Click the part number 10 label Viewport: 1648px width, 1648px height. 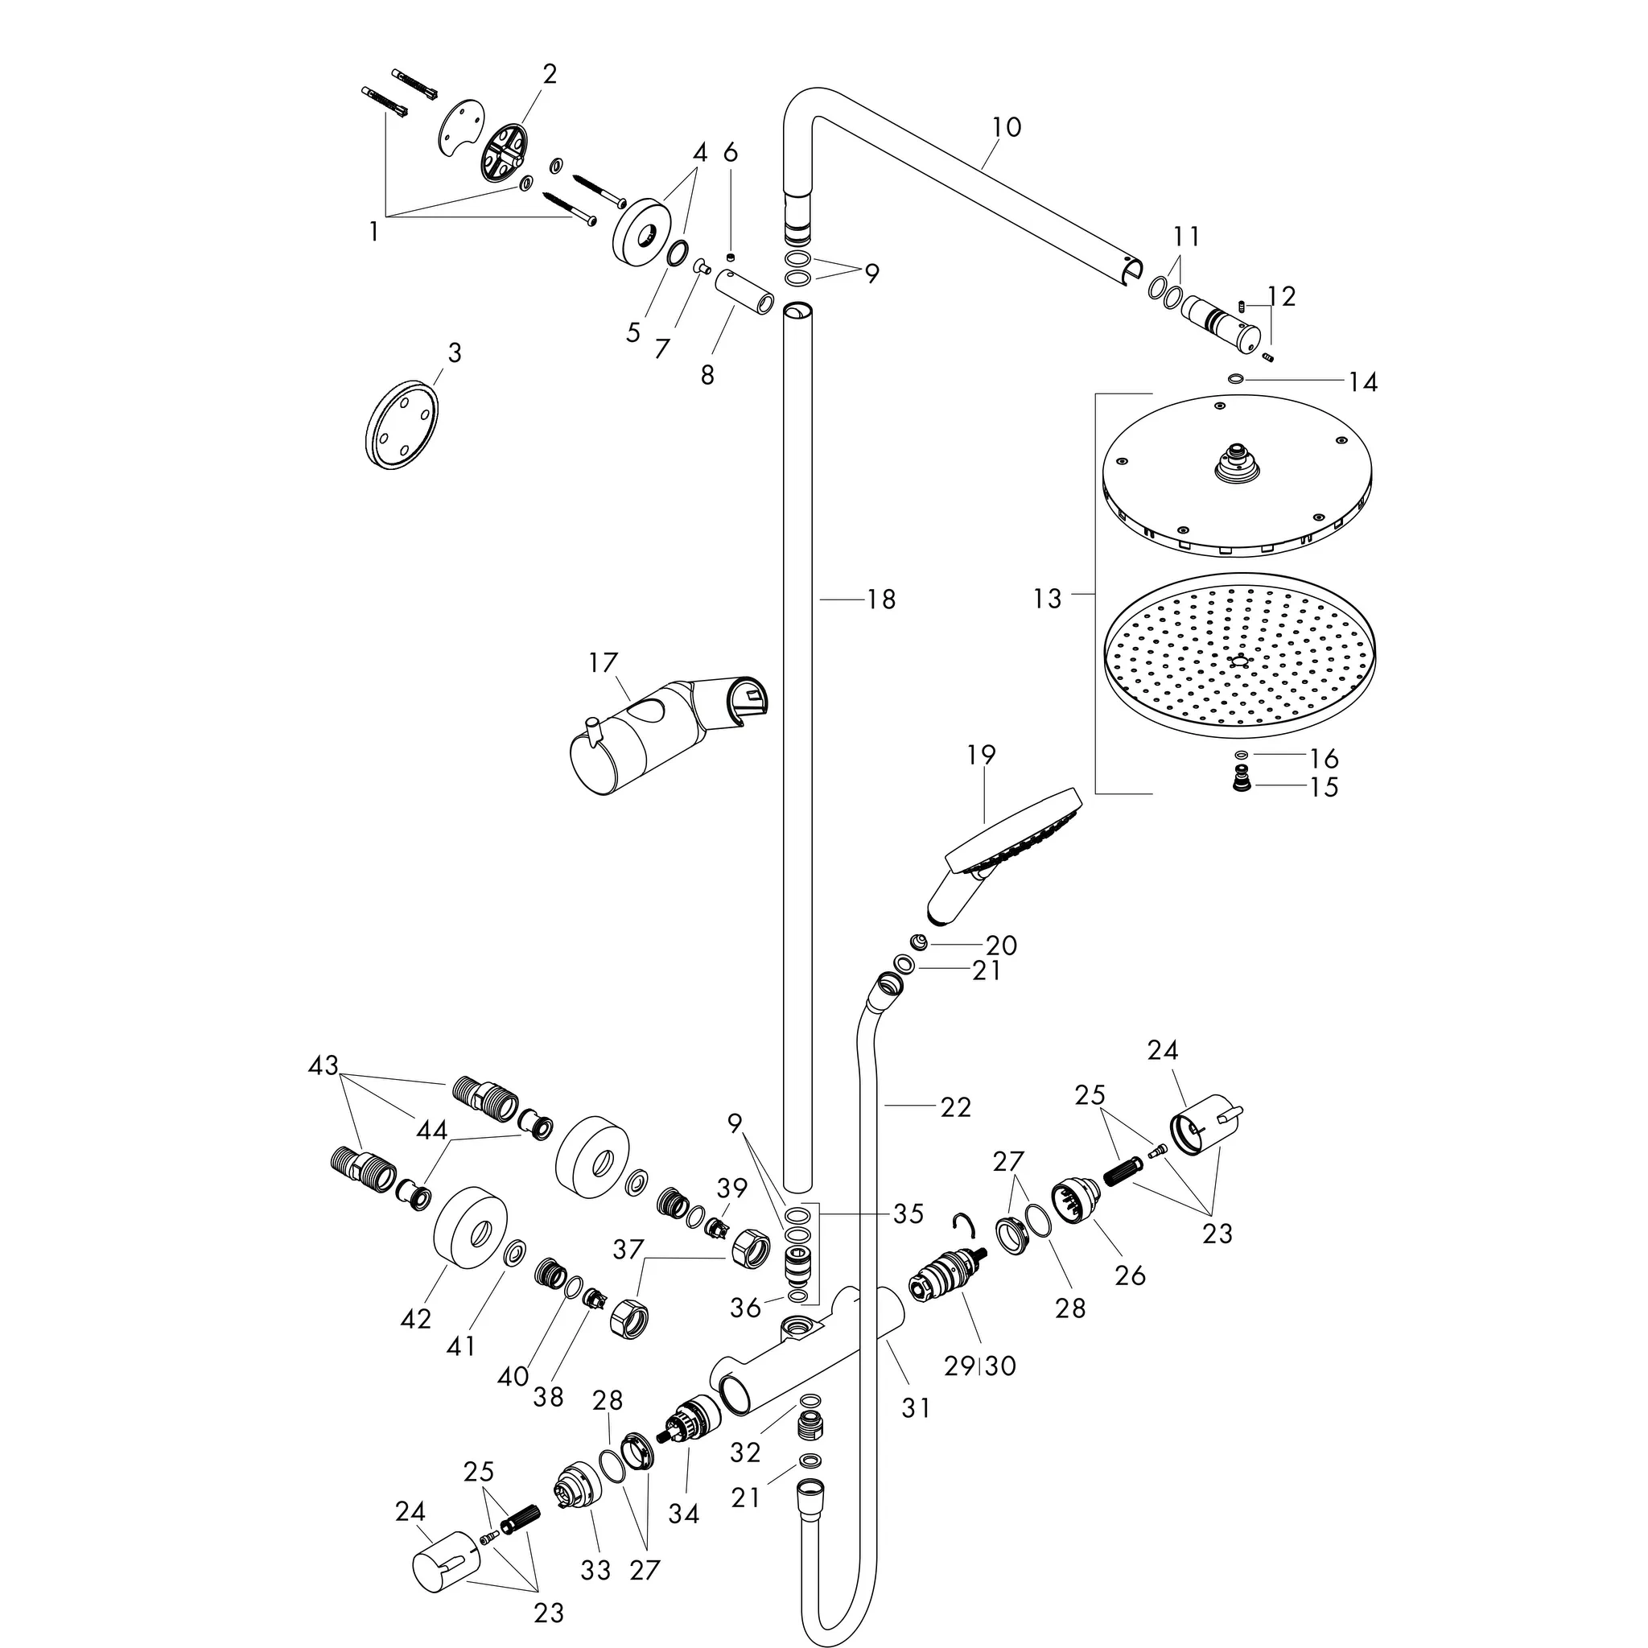pyautogui.click(x=1007, y=127)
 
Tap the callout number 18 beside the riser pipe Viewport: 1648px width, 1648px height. pyautogui.click(x=881, y=599)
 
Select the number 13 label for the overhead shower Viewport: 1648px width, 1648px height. pyautogui.click(x=1048, y=599)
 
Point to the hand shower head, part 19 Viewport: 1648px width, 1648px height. pyautogui.click(x=1007, y=853)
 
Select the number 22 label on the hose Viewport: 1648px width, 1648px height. pyautogui.click(x=955, y=1107)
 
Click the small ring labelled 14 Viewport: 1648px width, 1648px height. pyautogui.click(x=1235, y=379)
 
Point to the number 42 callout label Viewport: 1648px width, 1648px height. pyautogui.click(x=415, y=1319)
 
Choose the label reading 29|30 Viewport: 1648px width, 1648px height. pyautogui.click(x=980, y=1366)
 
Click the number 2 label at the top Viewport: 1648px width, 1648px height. pyautogui.click(x=550, y=74)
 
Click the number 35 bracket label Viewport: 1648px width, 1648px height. pyautogui.click(x=908, y=1213)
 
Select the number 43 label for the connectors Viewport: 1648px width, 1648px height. pyautogui.click(x=323, y=1065)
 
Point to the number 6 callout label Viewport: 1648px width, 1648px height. pyautogui.click(x=730, y=153)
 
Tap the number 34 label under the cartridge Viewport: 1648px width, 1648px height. pyautogui.click(x=683, y=1514)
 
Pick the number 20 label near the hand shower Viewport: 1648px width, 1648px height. pyautogui.click(x=1001, y=946)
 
